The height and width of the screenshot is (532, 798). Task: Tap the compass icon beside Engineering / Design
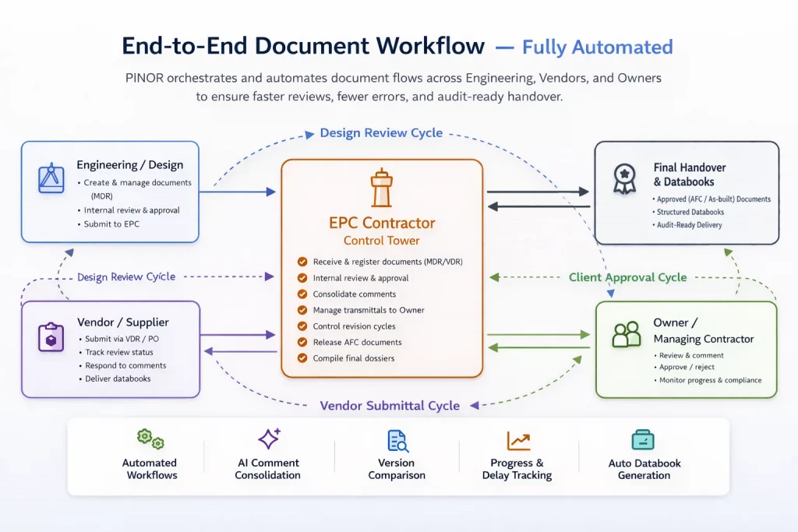[x=51, y=178]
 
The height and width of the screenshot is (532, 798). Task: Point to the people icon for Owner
[x=627, y=334]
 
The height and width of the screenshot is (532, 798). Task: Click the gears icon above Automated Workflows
[x=150, y=439]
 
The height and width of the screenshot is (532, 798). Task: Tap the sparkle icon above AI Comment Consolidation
[x=269, y=439]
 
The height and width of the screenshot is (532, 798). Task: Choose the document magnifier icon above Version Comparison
[x=397, y=441]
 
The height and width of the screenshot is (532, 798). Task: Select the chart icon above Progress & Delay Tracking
[x=518, y=440]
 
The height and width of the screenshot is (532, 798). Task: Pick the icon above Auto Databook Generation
[x=644, y=440]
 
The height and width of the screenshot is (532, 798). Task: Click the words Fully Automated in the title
[x=597, y=47]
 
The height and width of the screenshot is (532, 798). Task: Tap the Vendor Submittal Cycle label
[x=390, y=406]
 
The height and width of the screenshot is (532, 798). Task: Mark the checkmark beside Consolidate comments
[x=302, y=294]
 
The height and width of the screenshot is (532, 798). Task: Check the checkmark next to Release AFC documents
[x=302, y=343]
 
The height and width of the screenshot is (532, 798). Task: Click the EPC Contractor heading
[x=382, y=223]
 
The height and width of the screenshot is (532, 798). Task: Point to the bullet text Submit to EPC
[x=112, y=224]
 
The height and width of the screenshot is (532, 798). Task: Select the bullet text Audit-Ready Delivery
[x=690, y=225]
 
